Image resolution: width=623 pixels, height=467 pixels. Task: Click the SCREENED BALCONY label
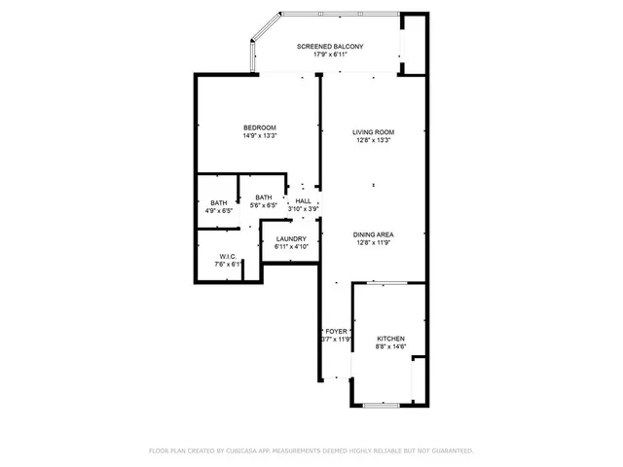[x=330, y=47]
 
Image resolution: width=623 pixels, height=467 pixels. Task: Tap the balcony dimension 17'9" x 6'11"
[x=330, y=54]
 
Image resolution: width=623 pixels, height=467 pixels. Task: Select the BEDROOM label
[x=260, y=127]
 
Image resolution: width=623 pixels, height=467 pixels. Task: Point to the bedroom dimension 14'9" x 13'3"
[x=260, y=135]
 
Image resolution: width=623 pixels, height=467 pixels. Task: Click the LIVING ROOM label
[x=373, y=131]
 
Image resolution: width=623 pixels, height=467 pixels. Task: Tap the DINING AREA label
[x=373, y=234]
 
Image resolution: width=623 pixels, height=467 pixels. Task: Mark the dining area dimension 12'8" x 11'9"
[x=373, y=242]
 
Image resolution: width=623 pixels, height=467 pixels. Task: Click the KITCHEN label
[x=390, y=338]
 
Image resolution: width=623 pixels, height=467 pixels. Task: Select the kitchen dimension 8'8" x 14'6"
[x=390, y=345]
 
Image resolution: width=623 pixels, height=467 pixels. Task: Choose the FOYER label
[x=336, y=331]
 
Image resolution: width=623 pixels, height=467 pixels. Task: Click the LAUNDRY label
[x=291, y=239]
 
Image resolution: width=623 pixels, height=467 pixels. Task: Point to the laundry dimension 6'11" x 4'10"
[x=291, y=247]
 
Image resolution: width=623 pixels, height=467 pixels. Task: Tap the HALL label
[x=303, y=200]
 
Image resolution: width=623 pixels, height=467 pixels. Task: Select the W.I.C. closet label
[x=228, y=257]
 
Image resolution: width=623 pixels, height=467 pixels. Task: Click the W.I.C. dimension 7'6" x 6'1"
[x=228, y=265]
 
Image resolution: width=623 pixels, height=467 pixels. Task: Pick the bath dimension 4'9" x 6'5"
[x=219, y=210]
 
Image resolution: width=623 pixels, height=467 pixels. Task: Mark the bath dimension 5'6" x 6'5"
[x=264, y=205]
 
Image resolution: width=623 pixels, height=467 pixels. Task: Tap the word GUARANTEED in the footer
[x=450, y=450]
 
